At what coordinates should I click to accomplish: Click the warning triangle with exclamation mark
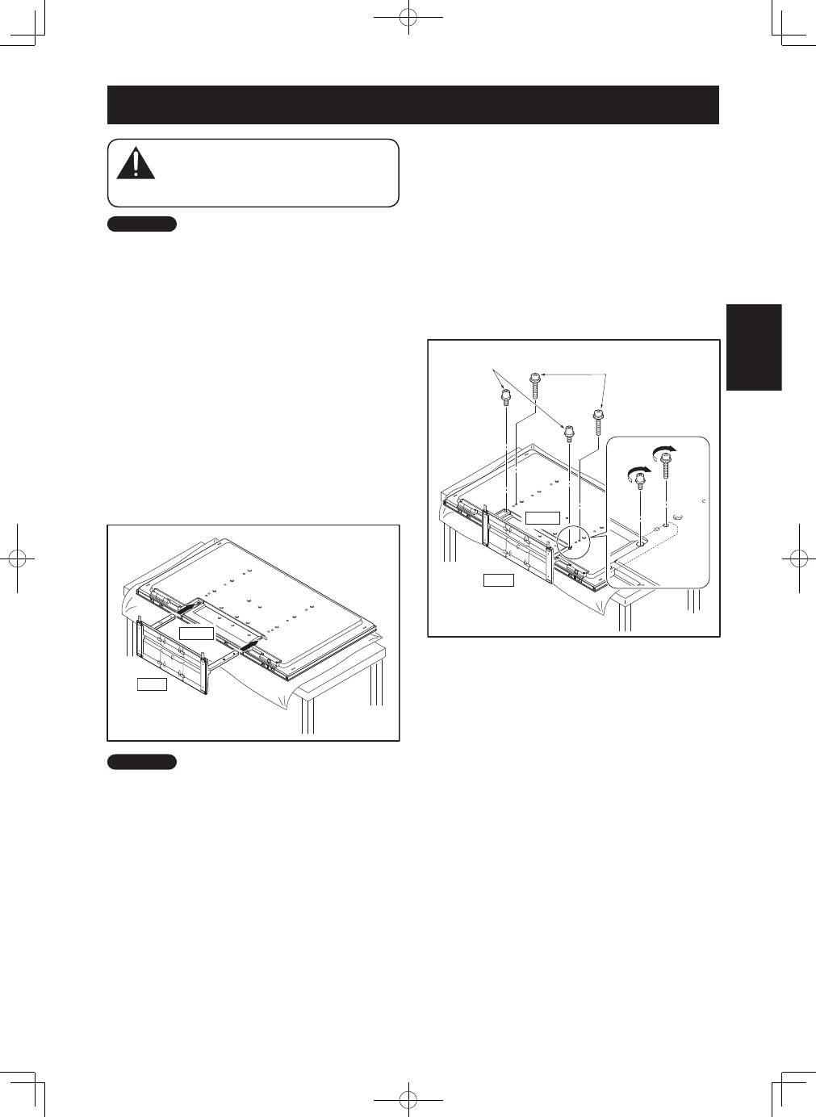coord(136,164)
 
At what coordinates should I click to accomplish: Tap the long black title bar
coord(412,105)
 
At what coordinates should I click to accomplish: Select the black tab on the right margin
coord(754,347)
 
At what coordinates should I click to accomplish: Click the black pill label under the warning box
coord(141,224)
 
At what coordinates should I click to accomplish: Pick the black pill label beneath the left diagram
coord(141,761)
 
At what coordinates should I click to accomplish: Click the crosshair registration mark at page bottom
coord(409,1098)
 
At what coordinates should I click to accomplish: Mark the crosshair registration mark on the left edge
coord(17,558)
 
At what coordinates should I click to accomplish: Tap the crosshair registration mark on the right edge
coord(798,558)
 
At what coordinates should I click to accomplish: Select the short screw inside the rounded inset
coord(640,483)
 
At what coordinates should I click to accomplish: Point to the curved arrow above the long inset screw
coord(664,448)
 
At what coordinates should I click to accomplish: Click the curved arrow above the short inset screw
coord(638,471)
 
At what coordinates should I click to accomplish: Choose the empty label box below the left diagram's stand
coord(152,684)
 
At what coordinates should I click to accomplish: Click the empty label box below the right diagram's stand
coord(498,579)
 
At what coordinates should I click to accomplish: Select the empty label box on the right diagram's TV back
coord(542,517)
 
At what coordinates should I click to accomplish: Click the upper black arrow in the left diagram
coord(189,605)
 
